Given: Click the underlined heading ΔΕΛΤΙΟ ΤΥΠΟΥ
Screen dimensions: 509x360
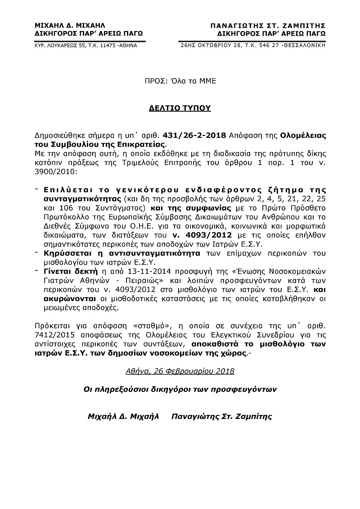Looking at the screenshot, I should point(180,108).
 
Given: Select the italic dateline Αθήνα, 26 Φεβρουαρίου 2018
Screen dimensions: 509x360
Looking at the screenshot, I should point(180,371).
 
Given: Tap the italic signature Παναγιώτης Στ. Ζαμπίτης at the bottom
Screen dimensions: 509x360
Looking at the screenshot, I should point(222,416).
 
